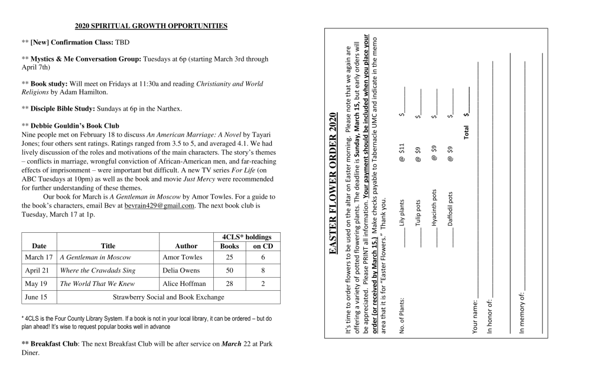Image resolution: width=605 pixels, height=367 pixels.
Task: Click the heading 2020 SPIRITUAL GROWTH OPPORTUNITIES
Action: click(151, 27)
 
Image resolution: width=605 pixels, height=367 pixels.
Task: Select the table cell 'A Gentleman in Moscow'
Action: click(96, 258)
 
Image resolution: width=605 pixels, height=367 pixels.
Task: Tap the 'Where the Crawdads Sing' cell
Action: click(97, 271)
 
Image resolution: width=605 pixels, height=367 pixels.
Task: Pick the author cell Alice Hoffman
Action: click(184, 284)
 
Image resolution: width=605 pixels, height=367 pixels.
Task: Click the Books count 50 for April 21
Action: click(229, 271)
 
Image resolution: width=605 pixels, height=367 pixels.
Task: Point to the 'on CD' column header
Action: click(263, 246)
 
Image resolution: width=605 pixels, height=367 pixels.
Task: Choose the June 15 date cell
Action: click(36, 297)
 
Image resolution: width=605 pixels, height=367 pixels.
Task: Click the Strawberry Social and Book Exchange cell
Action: click(168, 297)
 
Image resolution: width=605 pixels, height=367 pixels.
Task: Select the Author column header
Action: click(186, 246)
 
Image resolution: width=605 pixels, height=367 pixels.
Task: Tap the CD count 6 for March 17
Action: click(263, 258)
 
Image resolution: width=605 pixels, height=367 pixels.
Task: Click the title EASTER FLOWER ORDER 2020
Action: click(333, 184)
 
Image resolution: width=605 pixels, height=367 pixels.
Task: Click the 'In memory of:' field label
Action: click(522, 314)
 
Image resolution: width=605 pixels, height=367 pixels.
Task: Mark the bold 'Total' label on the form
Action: click(467, 131)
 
